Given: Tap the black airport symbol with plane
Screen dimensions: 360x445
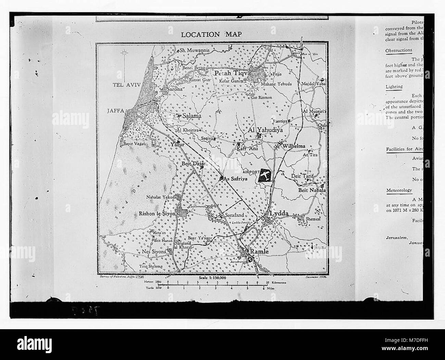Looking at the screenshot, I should click(265, 175).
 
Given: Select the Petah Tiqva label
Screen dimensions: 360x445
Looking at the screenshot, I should click(233, 73).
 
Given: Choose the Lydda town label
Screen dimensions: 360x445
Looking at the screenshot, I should click(279, 214).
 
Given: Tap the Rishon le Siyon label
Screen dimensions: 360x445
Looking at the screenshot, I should click(157, 214).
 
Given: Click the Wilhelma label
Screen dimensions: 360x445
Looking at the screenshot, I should click(293, 146).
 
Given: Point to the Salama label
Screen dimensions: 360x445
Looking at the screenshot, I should click(192, 116).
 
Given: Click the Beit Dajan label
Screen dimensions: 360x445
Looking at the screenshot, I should click(194, 164).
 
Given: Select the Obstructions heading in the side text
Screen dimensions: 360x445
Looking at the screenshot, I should click(399, 50).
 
